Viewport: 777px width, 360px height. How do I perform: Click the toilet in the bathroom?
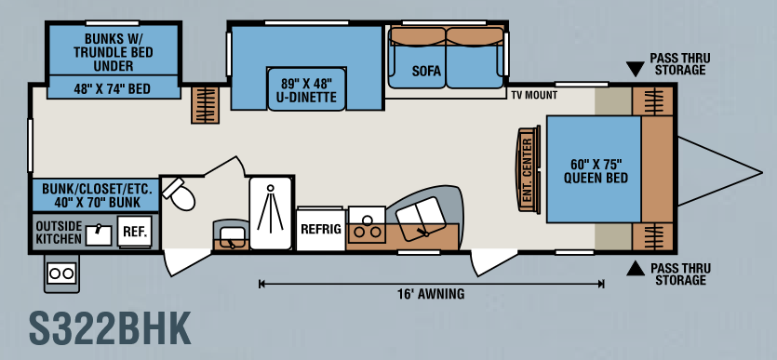point(180,194)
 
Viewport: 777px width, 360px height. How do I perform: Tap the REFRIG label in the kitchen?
point(321,229)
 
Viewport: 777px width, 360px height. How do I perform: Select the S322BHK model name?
point(110,328)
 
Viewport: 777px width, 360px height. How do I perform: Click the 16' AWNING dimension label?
point(431,294)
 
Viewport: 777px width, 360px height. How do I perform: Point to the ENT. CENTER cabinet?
point(529,170)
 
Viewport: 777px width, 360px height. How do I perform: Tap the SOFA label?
point(427,72)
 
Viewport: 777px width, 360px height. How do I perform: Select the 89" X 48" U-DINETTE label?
point(306,89)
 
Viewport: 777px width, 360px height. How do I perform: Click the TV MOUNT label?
point(535,95)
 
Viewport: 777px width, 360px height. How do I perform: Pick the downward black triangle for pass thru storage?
point(635,69)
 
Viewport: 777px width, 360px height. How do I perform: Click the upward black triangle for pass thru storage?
point(636,269)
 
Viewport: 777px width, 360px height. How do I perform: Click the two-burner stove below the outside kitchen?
point(61,273)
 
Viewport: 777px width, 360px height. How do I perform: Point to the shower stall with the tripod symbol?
point(270,212)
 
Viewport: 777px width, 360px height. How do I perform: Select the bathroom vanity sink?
point(231,234)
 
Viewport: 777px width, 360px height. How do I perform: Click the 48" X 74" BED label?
point(113,89)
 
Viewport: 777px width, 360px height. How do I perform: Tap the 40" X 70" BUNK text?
point(98,203)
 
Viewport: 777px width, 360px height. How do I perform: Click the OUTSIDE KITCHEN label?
point(59,233)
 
